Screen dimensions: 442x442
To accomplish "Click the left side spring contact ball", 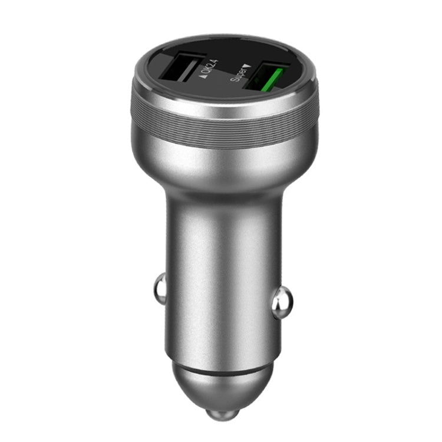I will [159, 288].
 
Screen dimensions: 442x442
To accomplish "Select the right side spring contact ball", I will [282, 301].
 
